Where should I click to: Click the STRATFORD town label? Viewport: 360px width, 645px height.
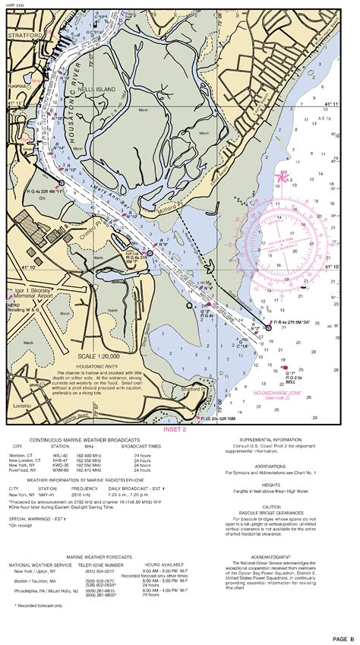24,34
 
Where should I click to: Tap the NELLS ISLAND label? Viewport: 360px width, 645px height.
96,90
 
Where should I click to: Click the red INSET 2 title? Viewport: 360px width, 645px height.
173,428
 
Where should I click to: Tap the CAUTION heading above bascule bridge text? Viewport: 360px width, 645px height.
271,507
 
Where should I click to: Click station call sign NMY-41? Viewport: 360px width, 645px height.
48,495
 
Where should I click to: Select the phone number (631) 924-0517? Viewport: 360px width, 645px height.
104,571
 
